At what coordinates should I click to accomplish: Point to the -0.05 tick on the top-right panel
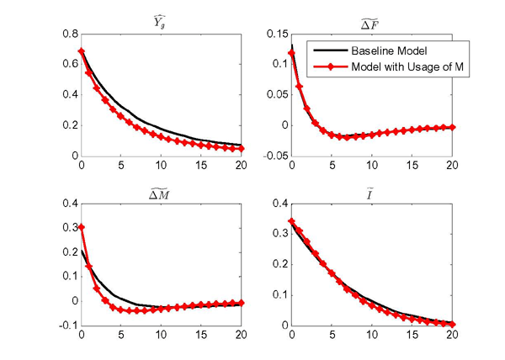(x=271, y=156)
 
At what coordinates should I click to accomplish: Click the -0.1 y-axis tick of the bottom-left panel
(x=65, y=326)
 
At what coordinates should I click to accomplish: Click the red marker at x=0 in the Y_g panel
(x=82, y=51)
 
